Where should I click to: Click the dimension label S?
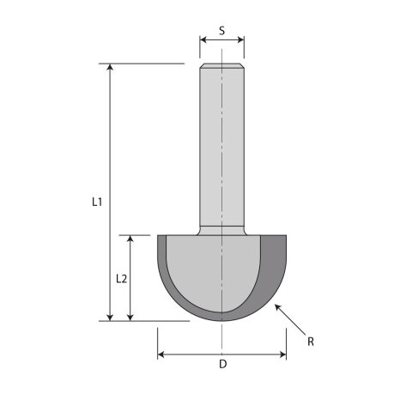tap(221, 31)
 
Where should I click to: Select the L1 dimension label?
tap(97, 203)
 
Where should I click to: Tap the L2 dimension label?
tap(121, 279)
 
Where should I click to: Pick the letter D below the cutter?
tap(222, 365)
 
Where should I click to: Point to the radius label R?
tap(312, 342)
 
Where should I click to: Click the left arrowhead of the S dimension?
tap(203, 39)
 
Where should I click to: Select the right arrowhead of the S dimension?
tap(241, 39)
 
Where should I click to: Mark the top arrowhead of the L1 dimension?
tap(111, 67)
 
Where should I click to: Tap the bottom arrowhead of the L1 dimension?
tap(111, 317)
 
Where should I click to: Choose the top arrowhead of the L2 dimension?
tap(130, 239)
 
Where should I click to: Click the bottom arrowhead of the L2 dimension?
tap(130, 317)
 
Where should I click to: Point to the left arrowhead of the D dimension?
tap(161, 353)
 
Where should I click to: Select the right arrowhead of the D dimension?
tap(282, 353)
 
